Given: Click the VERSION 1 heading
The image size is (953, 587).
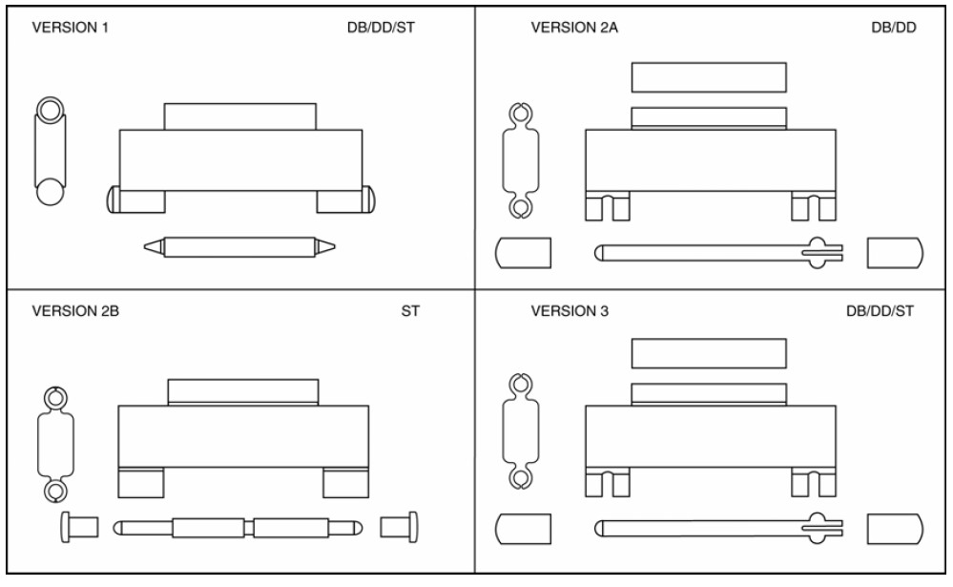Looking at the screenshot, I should click(71, 27).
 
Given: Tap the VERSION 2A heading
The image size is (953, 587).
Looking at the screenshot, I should click(574, 27).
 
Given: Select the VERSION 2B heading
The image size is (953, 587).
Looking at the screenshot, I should click(75, 311).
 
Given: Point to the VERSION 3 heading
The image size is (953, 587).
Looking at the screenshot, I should click(570, 311).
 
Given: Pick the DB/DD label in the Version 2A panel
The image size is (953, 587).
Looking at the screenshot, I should click(893, 27).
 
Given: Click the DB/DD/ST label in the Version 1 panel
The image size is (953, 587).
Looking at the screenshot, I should click(381, 27).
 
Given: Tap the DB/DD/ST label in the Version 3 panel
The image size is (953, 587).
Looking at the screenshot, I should click(880, 311).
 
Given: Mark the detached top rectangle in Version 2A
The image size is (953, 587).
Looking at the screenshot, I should click(709, 77).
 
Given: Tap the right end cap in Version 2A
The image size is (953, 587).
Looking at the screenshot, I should click(894, 253).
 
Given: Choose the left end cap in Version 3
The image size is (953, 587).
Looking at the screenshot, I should click(524, 529).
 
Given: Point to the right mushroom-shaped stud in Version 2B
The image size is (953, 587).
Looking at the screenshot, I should click(400, 526).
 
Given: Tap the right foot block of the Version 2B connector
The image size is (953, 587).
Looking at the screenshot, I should click(345, 483).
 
